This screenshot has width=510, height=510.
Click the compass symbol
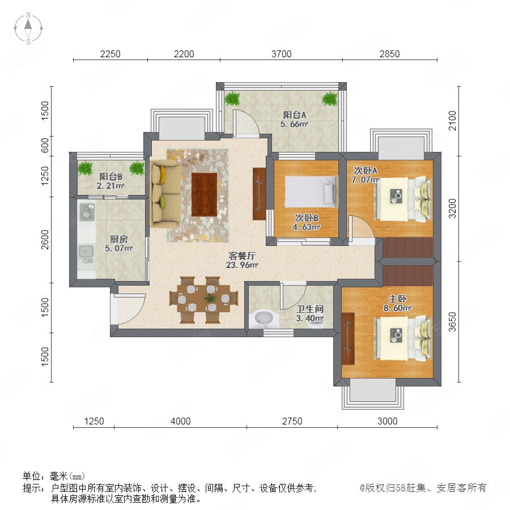[28, 28]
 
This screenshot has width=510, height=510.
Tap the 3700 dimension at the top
[281, 54]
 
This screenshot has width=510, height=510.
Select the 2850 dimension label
[389, 54]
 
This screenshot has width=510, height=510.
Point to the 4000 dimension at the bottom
[181, 421]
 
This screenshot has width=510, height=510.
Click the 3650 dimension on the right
[452, 321]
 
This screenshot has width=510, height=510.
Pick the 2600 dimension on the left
[45, 240]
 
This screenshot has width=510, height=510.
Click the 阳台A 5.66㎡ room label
[294, 119]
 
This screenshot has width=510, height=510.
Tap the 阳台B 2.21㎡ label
[111, 181]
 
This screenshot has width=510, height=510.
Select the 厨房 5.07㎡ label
[119, 244]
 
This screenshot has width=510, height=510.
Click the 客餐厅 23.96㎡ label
[242, 260]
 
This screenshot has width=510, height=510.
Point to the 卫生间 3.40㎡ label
[310, 313]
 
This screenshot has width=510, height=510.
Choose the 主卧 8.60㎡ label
[397, 303]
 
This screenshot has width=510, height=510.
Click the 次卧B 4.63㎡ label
[307, 223]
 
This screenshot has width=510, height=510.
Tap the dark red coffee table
[204, 194]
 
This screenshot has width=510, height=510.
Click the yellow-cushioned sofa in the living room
[165, 194]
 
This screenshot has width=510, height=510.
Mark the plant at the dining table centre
[210, 297]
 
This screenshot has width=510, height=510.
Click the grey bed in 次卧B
[311, 192]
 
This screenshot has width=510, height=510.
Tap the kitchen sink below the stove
[87, 253]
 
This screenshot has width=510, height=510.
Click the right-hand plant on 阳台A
[330, 99]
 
